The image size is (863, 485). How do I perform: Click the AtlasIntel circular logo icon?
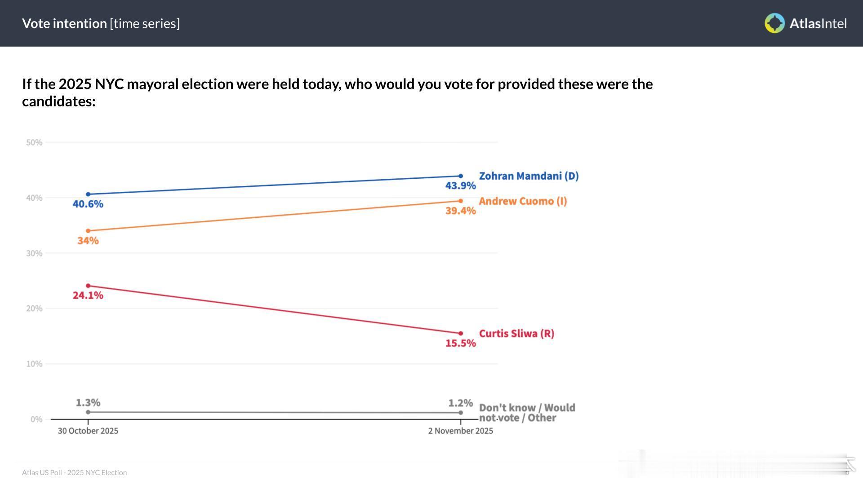pyautogui.click(x=774, y=23)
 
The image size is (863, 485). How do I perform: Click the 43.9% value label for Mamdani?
pyautogui.click(x=460, y=185)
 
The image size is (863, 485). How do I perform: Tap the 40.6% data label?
pyautogui.click(x=88, y=204)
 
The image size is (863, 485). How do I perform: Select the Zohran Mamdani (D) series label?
pyautogui.click(x=529, y=176)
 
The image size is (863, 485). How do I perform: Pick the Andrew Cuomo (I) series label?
pyautogui.click(x=523, y=201)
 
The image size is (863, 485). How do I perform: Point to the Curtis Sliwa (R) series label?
pyautogui.click(x=516, y=334)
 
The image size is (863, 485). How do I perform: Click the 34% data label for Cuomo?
pyautogui.click(x=88, y=241)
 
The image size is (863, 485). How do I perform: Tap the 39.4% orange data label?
pyautogui.click(x=460, y=211)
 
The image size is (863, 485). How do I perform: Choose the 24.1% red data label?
pyautogui.click(x=88, y=295)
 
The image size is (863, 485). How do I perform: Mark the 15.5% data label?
pyautogui.click(x=460, y=343)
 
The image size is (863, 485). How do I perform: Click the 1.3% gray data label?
pyautogui.click(x=88, y=403)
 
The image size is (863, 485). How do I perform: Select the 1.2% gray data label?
pyautogui.click(x=460, y=403)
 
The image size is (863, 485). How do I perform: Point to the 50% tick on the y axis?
pyautogui.click(x=34, y=143)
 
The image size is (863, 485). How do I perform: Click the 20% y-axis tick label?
pyautogui.click(x=34, y=309)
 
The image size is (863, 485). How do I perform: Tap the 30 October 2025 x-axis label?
pyautogui.click(x=88, y=431)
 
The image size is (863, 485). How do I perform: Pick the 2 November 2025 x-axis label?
pyautogui.click(x=460, y=431)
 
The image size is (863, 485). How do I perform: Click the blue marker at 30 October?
pyautogui.click(x=88, y=194)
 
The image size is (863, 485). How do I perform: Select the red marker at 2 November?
pyautogui.click(x=460, y=333)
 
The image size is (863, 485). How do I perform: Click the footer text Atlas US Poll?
pyautogui.click(x=74, y=472)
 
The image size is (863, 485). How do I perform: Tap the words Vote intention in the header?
pyautogui.click(x=64, y=23)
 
